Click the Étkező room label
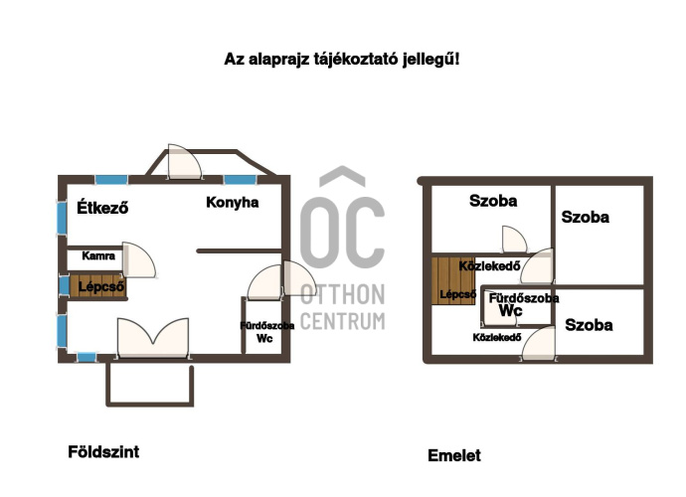pyautogui.click(x=102, y=207)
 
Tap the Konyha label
pyautogui.click(x=232, y=202)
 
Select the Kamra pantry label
pyautogui.click(x=98, y=255)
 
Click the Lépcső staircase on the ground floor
pyautogui.click(x=98, y=285)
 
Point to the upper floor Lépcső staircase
pyautogui.click(x=452, y=280)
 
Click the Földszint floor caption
pyautogui.click(x=103, y=451)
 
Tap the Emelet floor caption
pyautogui.click(x=454, y=455)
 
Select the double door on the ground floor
pyautogui.click(x=153, y=338)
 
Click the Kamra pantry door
pyautogui.click(x=138, y=260)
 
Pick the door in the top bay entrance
pyautogui.click(x=185, y=162)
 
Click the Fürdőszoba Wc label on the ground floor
pyautogui.click(x=266, y=332)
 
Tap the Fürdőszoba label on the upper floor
pyautogui.click(x=524, y=298)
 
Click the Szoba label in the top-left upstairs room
pyautogui.click(x=493, y=201)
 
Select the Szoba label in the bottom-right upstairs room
pyautogui.click(x=589, y=325)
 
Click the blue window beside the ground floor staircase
pyautogui.click(x=64, y=285)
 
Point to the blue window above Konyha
pyautogui.click(x=241, y=180)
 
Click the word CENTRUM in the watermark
pyautogui.click(x=343, y=321)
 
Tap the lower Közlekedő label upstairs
pyautogui.click(x=497, y=337)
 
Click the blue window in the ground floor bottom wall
pyautogui.click(x=86, y=358)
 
